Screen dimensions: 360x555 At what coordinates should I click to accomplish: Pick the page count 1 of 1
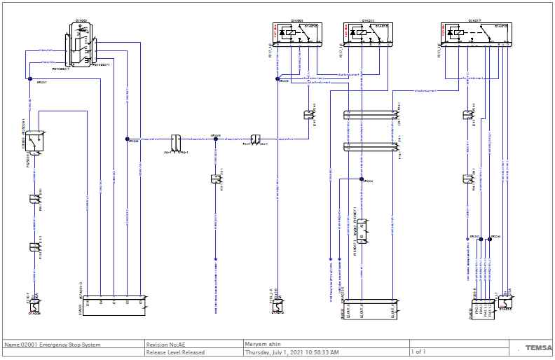pos(418,352)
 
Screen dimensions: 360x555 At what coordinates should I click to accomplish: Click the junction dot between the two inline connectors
pos(216,139)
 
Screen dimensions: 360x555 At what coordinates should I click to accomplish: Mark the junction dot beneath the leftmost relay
pos(277,78)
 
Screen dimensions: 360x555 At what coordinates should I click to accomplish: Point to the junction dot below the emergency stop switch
pos(29,79)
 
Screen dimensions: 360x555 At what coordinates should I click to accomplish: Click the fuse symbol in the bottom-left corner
pos(32,306)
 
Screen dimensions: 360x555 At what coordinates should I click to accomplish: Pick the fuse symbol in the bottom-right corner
pos(505,303)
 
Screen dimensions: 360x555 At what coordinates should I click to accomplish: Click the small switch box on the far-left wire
pos(33,141)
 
